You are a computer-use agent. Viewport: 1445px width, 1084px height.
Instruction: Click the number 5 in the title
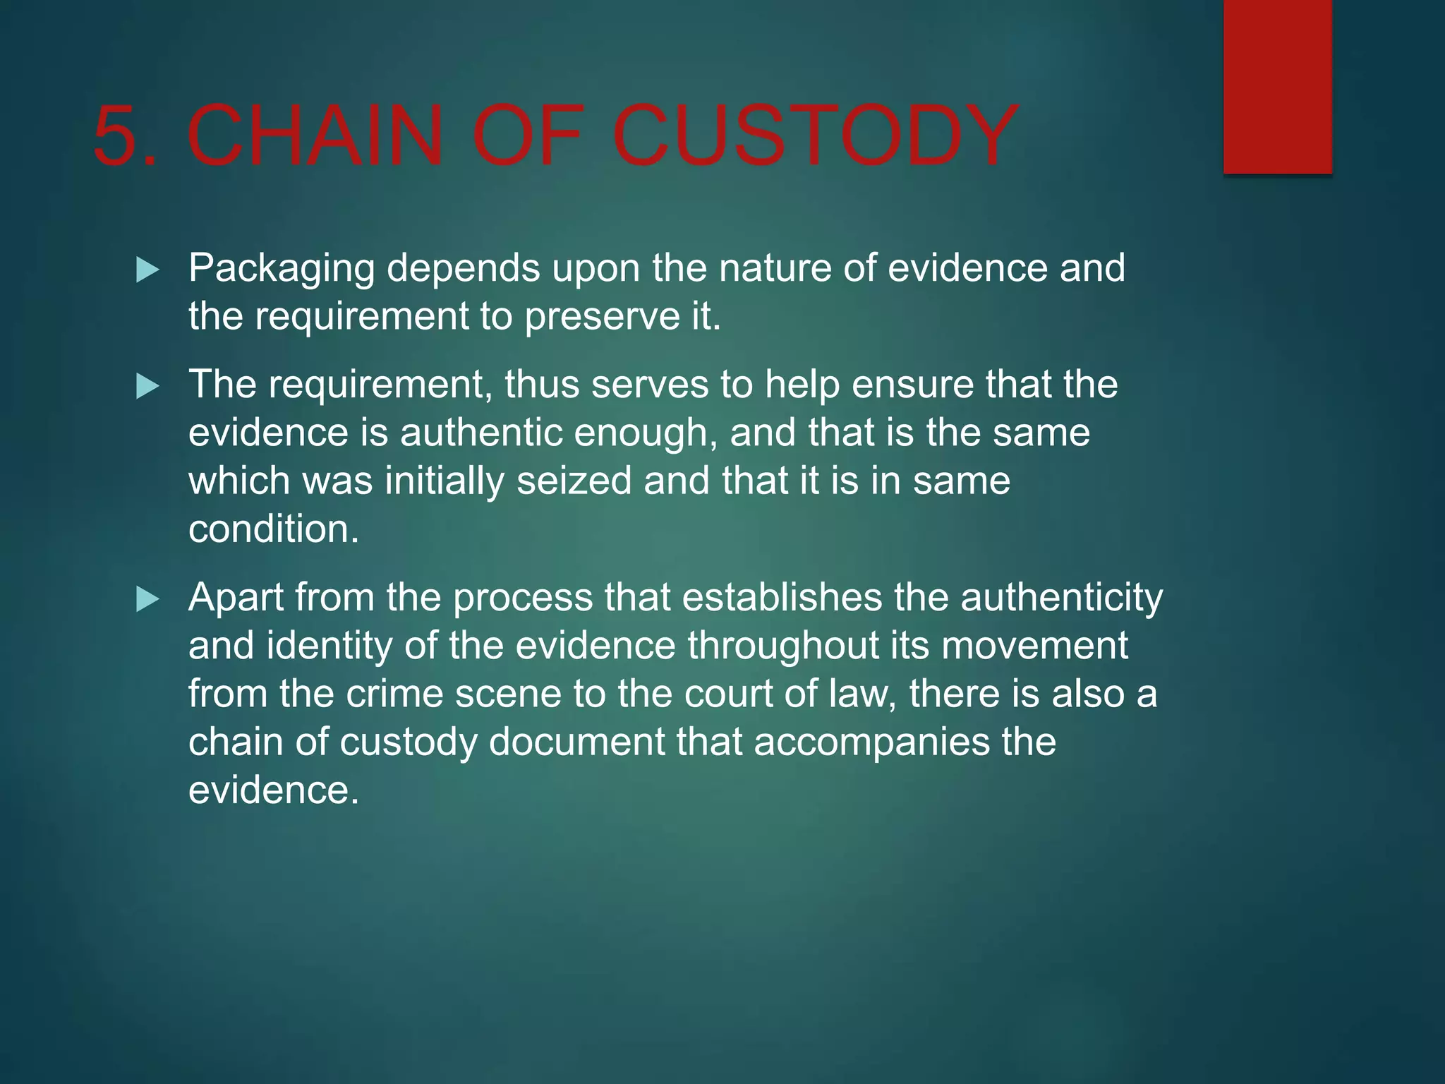pyautogui.click(x=116, y=135)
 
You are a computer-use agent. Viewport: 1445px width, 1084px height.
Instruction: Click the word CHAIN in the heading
pyautogui.click(x=315, y=135)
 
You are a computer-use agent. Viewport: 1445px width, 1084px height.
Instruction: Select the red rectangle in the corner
pyautogui.click(x=1277, y=86)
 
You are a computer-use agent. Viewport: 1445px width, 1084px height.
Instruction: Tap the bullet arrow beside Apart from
pyautogui.click(x=147, y=599)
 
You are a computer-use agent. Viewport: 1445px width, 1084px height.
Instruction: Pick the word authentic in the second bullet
pyautogui.click(x=481, y=433)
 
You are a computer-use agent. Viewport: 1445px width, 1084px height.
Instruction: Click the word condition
pyautogui.click(x=273, y=529)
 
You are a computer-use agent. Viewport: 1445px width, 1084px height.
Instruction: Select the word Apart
pyautogui.click(x=236, y=598)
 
